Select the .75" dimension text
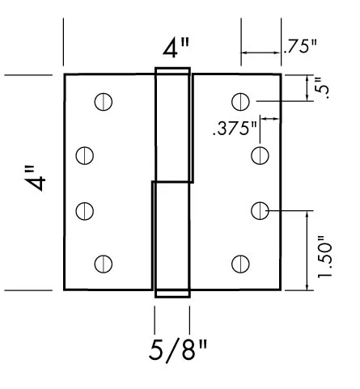click(298, 46)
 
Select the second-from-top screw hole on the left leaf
click(84, 154)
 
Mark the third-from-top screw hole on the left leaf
click(84, 209)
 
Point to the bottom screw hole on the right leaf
click(240, 263)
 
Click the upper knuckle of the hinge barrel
click(173, 125)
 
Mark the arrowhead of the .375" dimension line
click(276, 119)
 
